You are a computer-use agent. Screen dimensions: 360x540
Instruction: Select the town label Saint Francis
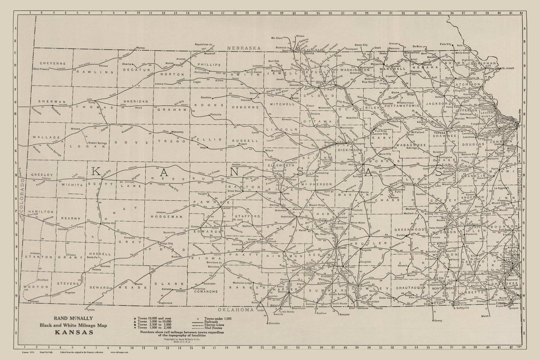(43, 68)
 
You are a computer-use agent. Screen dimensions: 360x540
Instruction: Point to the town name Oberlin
(127, 64)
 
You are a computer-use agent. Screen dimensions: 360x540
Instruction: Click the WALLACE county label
(46, 136)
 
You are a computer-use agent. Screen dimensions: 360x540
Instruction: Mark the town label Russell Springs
(95, 143)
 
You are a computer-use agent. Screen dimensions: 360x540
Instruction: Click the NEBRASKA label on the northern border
(244, 48)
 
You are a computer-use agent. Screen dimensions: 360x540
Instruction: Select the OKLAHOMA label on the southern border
(236, 309)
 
